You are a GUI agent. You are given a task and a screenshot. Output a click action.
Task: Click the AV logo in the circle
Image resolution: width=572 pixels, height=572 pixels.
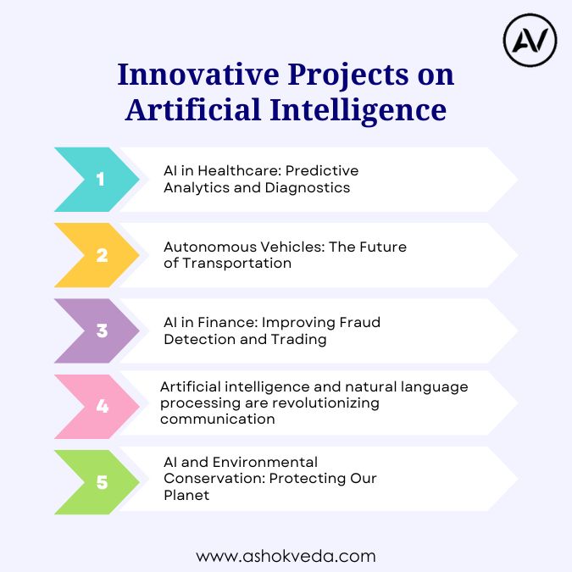(530, 40)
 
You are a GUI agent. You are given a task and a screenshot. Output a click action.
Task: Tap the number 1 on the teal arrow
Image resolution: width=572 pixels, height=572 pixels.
(100, 179)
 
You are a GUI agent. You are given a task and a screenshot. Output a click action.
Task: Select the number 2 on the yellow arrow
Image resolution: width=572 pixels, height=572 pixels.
(103, 255)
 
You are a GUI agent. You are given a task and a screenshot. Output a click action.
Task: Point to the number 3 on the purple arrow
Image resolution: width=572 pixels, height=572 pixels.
(103, 330)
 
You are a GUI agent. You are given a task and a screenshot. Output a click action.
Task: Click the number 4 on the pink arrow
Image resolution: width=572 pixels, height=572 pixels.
(103, 406)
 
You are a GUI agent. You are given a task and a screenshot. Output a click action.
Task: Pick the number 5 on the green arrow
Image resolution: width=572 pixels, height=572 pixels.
(103, 482)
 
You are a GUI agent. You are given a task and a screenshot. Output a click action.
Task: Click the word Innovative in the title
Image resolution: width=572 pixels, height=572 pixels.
(198, 75)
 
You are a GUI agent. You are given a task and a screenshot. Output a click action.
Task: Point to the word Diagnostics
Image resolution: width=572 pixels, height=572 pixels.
(308, 188)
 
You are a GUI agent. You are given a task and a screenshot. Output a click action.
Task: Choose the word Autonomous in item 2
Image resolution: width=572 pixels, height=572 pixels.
(210, 247)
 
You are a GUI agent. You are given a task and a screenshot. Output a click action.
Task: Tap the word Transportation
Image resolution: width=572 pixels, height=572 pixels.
(236, 263)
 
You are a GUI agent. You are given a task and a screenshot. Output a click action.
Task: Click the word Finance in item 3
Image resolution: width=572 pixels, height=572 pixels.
(228, 323)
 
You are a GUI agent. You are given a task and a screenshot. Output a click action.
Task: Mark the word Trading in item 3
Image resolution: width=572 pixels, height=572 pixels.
(299, 340)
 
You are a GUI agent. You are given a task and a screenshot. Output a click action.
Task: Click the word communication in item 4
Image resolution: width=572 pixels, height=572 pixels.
(218, 419)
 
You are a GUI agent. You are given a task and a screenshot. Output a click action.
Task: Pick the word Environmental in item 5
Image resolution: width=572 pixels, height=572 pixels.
(265, 462)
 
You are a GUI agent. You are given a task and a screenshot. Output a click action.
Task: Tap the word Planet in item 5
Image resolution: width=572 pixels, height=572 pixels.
(186, 496)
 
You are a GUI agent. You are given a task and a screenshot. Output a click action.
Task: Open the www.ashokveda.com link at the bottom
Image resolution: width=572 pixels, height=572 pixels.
(286, 557)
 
